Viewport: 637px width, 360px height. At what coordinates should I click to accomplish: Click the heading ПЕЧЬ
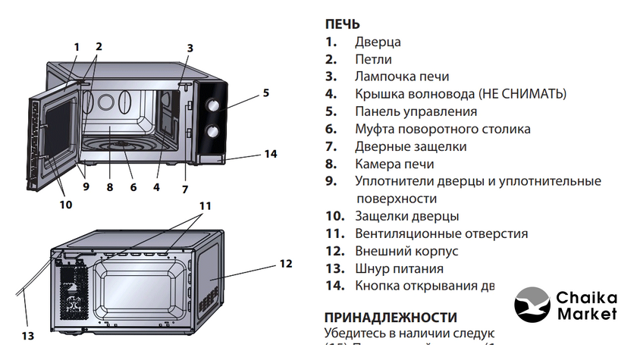coord(342,25)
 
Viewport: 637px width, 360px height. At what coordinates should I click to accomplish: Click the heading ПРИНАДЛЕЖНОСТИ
coord(391,317)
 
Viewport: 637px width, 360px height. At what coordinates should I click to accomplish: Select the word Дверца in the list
coord(378,42)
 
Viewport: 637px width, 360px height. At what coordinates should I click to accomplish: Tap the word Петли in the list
coord(373,59)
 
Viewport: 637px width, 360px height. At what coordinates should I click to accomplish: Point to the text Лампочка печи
coord(402,76)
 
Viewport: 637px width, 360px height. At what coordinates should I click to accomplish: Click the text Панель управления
coord(416,111)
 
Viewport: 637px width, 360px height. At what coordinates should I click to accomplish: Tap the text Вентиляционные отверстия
coord(441,233)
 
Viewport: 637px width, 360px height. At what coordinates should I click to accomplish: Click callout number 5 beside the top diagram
coord(266,93)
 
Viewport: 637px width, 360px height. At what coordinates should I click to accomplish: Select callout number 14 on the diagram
coord(270,154)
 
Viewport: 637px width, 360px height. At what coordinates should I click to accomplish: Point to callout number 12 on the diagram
coord(285,264)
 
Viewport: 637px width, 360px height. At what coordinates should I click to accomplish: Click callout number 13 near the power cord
coord(27,335)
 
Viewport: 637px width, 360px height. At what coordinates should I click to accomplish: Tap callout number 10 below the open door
coord(66,204)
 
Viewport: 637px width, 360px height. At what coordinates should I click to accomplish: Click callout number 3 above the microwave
coord(190,47)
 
